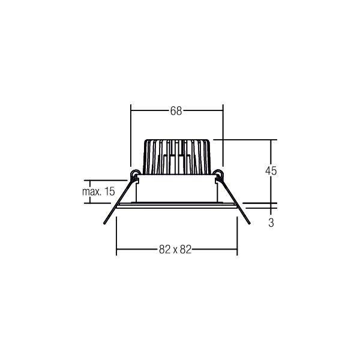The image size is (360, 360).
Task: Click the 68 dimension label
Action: pos(176,111)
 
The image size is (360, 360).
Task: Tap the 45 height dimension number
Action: pos(271,170)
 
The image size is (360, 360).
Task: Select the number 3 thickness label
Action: pos(271,223)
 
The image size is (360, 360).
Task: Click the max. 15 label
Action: pos(98,191)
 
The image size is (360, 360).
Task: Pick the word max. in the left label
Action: pos(91,191)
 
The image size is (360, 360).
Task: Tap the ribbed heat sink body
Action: pos(177,155)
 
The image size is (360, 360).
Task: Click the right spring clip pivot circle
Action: pos(219,175)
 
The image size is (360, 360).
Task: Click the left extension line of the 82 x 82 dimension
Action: pos(116,234)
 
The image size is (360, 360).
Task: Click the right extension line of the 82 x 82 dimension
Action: pos(238,234)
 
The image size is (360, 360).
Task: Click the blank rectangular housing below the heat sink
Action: pos(177,189)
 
